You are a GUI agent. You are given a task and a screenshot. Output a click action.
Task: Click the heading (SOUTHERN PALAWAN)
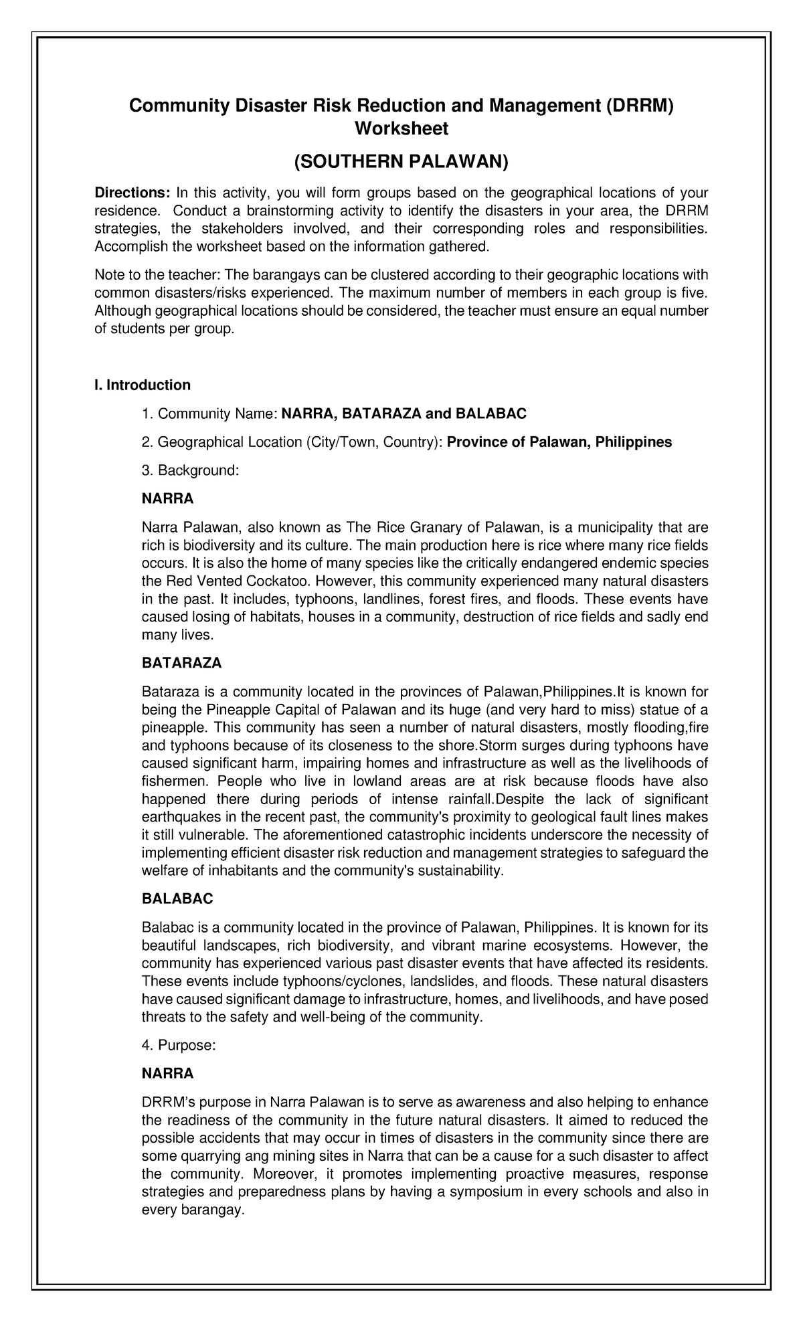pyautogui.click(x=401, y=161)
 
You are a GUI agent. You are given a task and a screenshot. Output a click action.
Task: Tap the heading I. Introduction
pyautogui.click(x=143, y=385)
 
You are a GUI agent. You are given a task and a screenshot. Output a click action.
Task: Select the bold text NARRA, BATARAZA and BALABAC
pyautogui.click(x=404, y=414)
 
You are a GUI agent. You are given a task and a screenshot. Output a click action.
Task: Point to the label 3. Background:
pyautogui.click(x=190, y=470)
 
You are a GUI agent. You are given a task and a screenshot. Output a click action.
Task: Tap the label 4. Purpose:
pyautogui.click(x=179, y=1046)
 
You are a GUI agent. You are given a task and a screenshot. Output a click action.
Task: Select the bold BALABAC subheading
pyautogui.click(x=177, y=899)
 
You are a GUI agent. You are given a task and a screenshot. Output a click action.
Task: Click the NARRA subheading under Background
pyautogui.click(x=167, y=498)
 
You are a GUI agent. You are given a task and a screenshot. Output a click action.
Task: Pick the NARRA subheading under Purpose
pyautogui.click(x=167, y=1074)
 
